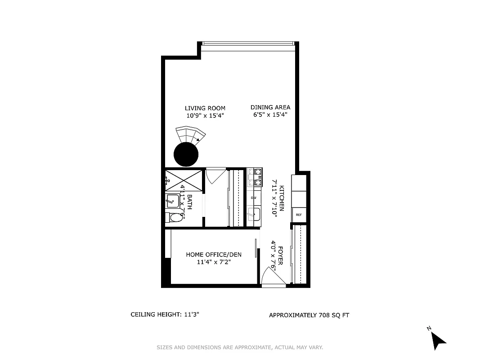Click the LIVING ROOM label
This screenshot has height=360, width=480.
205,108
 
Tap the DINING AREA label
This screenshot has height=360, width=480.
270,107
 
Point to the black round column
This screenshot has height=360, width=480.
186,154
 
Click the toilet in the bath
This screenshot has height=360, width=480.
176,217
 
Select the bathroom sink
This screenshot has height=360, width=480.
172,201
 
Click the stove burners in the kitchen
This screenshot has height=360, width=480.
255,177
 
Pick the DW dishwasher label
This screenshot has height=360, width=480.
253,198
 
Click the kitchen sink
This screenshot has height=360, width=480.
254,214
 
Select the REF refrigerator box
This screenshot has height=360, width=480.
298,215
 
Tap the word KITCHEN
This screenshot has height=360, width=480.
282,198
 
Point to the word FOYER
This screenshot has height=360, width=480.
280,255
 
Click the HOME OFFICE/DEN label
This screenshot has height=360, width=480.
214,255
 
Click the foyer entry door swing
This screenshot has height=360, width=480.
271,274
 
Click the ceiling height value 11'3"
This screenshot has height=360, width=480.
191,315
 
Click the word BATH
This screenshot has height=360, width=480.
189,202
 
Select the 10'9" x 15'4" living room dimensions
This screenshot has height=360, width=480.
205,116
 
